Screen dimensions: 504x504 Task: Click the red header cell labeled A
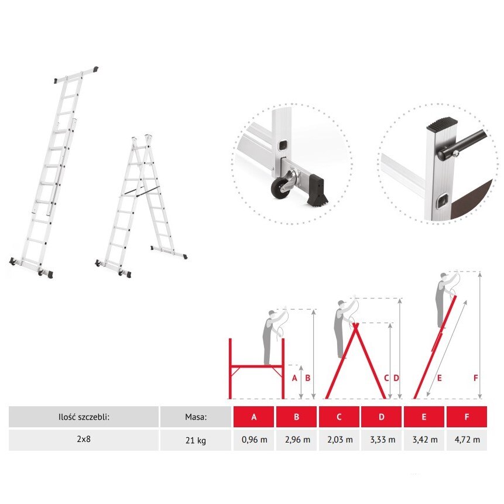coord(254,417)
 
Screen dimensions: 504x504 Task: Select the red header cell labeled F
coord(467,417)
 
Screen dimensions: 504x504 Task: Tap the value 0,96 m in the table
coord(254,440)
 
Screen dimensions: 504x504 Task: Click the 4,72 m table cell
coord(467,440)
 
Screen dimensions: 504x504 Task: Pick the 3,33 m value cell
coord(382,440)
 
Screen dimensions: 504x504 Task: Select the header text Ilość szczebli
coord(84,417)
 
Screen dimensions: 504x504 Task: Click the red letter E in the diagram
coord(438,378)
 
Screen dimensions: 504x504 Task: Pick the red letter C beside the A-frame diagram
coord(386,378)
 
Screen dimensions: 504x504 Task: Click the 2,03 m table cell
coord(340,440)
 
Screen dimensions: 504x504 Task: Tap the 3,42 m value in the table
coord(424,440)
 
